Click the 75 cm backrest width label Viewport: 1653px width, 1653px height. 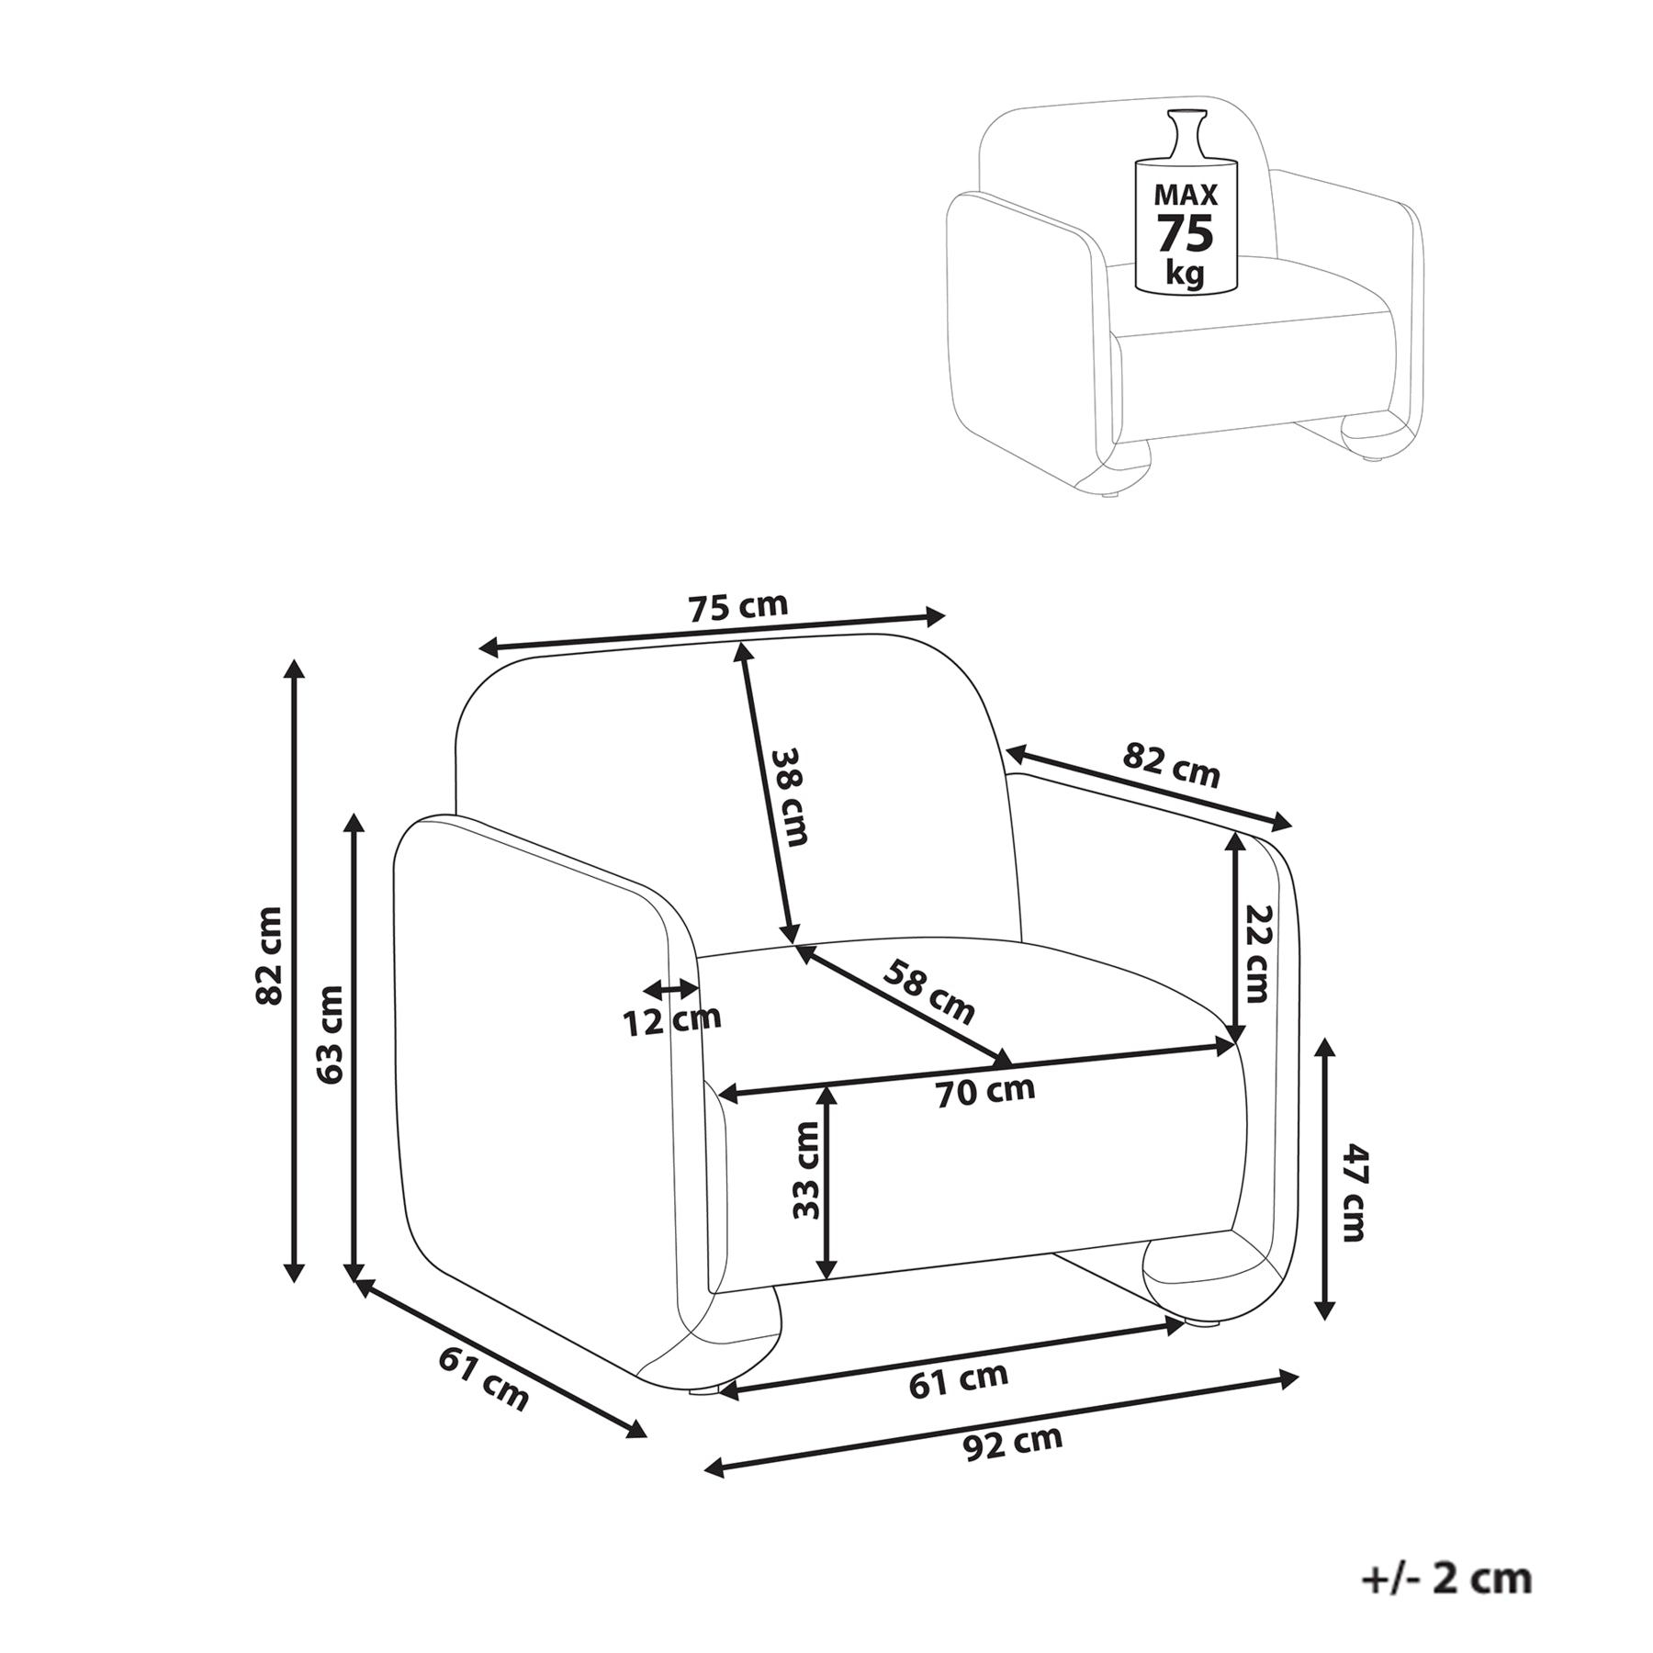pos(737,607)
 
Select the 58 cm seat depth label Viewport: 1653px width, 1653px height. pos(928,991)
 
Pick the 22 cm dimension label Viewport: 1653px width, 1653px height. pos(1256,953)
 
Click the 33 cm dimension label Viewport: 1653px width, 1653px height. pos(805,1170)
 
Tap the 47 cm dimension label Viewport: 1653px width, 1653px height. pos(1354,1192)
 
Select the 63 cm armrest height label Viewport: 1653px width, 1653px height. pos(329,1034)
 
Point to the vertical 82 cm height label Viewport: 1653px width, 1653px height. pos(269,956)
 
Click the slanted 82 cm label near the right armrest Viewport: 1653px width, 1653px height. pos(1172,766)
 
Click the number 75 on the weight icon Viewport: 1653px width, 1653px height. pos(1185,232)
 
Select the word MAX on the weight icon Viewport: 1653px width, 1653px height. pos(1186,195)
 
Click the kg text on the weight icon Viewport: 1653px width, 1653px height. pos(1185,273)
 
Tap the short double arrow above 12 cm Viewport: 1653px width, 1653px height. pos(671,989)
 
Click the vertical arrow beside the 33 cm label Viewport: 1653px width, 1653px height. pos(827,1183)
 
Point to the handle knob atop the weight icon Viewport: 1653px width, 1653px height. pos(1185,135)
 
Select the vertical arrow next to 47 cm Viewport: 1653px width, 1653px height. pos(1324,1179)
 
